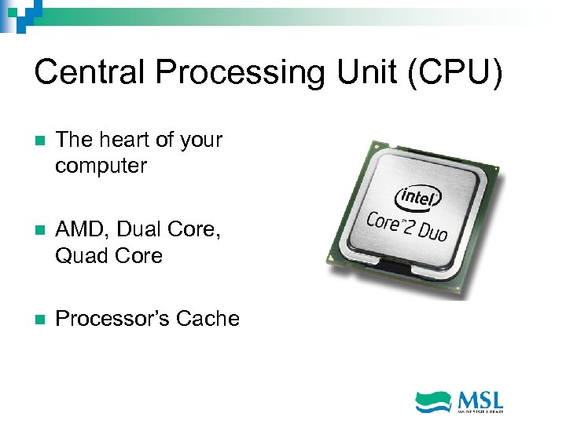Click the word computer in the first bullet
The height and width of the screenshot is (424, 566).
pyautogui.click(x=101, y=166)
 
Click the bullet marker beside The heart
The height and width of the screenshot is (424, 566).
pyautogui.click(x=39, y=141)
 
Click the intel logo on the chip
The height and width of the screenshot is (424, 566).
pyautogui.click(x=418, y=196)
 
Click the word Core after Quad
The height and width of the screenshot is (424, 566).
pyautogui.click(x=138, y=257)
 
